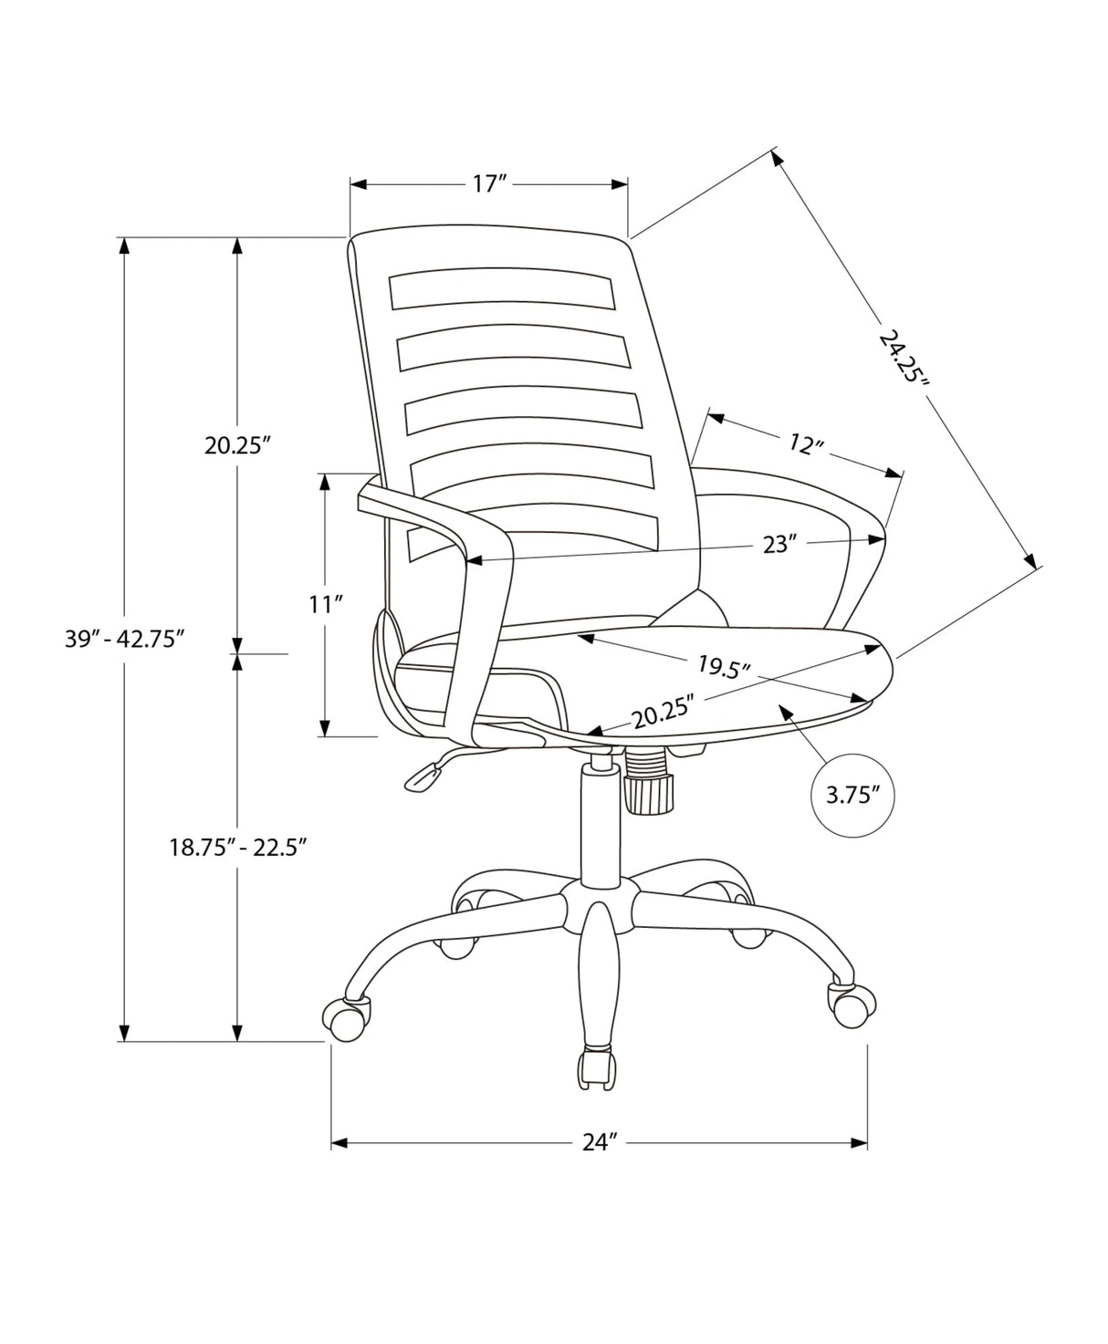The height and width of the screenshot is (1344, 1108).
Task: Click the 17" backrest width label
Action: (489, 184)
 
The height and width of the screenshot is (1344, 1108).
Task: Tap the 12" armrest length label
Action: (806, 444)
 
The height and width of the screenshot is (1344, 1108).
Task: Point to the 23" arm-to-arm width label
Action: (779, 545)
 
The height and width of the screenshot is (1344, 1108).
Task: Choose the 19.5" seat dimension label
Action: (723, 667)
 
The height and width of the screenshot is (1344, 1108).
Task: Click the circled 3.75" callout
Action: (852, 795)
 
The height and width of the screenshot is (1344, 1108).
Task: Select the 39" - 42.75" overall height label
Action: (125, 639)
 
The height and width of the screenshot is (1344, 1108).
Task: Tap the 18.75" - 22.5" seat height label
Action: (235, 847)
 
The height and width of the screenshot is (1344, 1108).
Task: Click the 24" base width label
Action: (601, 1142)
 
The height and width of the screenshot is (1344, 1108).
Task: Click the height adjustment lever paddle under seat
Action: (421, 776)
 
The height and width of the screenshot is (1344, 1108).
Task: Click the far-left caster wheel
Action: (348, 1018)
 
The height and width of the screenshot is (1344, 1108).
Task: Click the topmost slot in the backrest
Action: (500, 290)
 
